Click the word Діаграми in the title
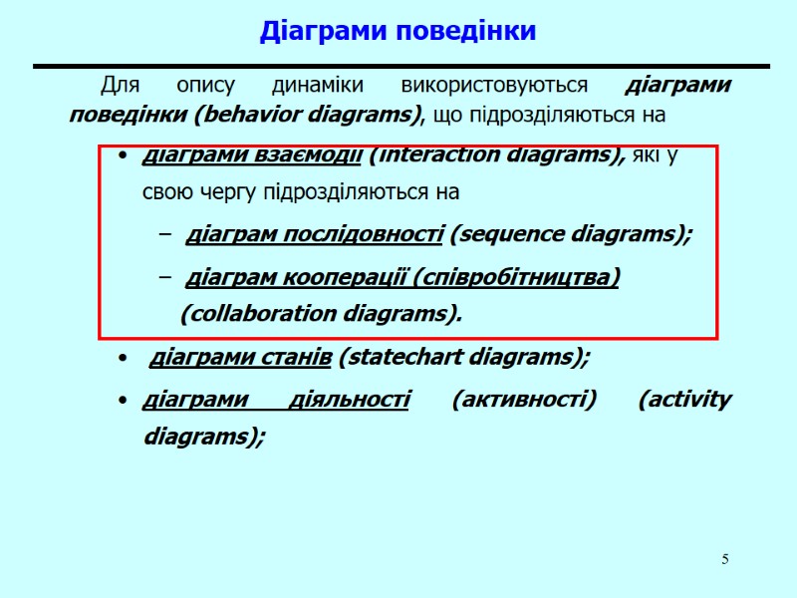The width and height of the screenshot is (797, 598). [x=325, y=32]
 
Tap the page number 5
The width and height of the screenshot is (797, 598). [x=725, y=559]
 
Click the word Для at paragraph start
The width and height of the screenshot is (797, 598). [x=120, y=85]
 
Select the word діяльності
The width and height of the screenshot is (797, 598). [x=349, y=400]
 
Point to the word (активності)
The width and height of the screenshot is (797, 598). [x=524, y=400]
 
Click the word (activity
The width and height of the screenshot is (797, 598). [x=684, y=400]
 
